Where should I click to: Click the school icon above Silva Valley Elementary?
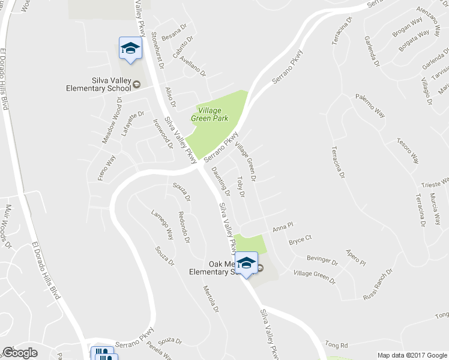(130, 48)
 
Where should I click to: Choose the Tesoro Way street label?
(407, 152)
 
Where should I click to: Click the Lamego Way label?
(162, 226)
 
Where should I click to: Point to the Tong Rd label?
(336, 346)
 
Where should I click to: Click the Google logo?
(20, 352)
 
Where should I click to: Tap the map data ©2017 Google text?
(413, 355)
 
